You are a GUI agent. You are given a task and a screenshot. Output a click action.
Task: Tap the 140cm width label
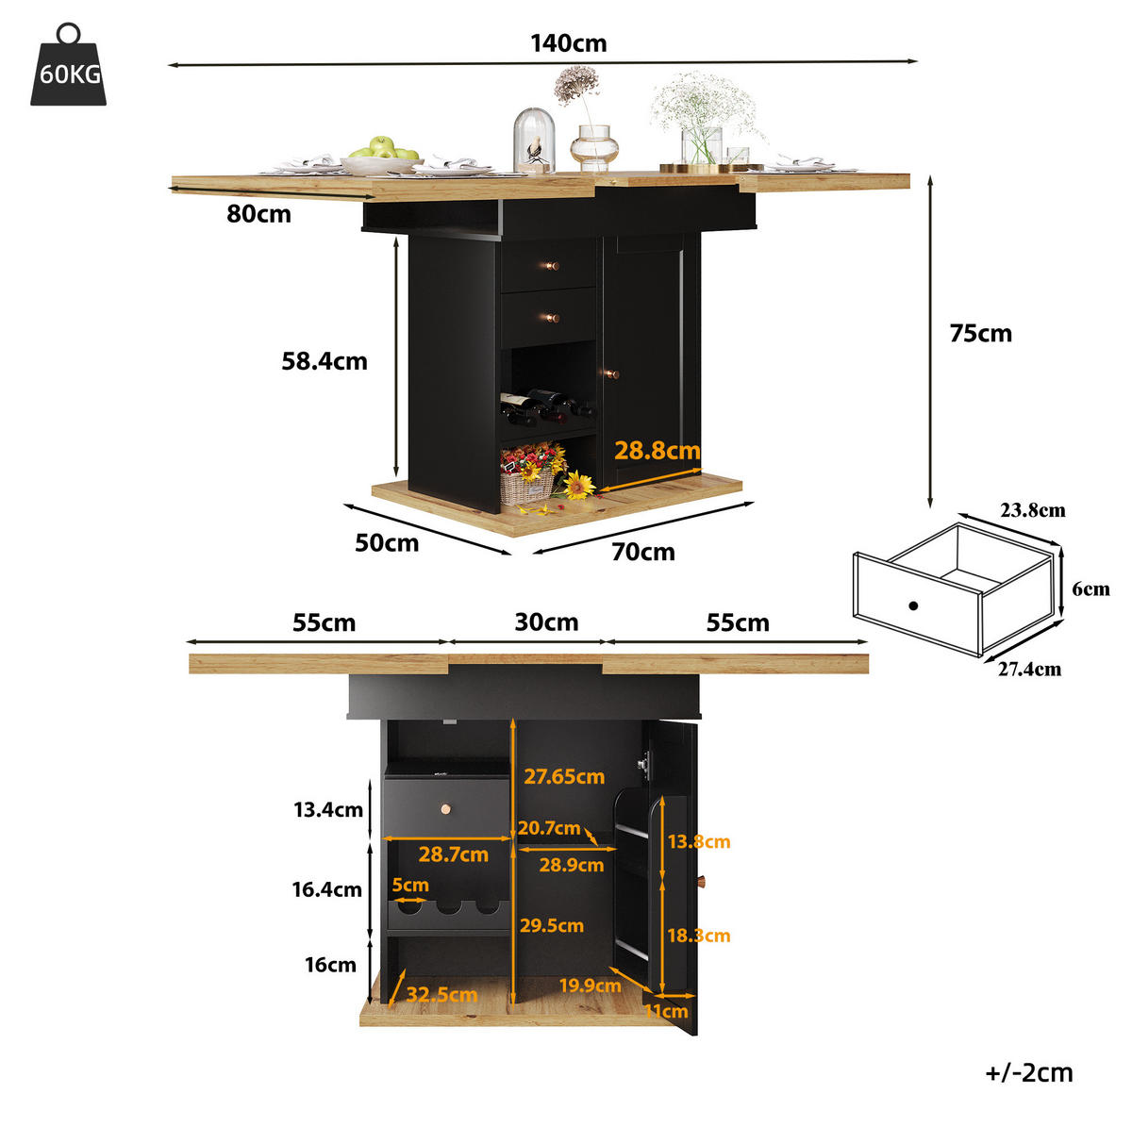(x=568, y=43)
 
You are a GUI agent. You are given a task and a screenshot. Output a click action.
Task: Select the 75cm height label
(x=980, y=334)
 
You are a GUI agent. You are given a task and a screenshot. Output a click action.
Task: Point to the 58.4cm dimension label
(x=325, y=361)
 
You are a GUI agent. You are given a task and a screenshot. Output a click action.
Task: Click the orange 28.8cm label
(x=657, y=451)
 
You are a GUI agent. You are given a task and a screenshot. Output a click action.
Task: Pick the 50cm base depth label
(x=387, y=543)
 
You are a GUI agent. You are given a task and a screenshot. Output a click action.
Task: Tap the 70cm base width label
(x=642, y=552)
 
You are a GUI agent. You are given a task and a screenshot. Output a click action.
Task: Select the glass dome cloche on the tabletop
(x=533, y=140)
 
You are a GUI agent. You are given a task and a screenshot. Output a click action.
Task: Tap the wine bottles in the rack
(x=546, y=406)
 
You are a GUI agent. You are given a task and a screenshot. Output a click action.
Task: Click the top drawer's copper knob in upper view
(x=552, y=266)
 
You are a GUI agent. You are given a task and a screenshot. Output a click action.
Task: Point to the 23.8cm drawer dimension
(x=1032, y=510)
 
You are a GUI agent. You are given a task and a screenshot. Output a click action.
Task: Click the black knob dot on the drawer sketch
(x=913, y=605)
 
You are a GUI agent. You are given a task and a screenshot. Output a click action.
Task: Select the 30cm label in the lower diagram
(x=546, y=622)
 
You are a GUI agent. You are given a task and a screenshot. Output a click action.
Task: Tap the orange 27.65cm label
(x=564, y=776)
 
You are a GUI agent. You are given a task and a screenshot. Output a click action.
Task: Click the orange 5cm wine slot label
(x=410, y=885)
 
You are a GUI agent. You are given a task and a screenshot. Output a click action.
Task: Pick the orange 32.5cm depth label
(x=441, y=994)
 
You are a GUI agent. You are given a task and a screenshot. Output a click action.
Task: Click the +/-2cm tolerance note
(x=1028, y=1072)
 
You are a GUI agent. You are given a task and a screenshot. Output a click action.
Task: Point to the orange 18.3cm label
(x=698, y=935)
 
